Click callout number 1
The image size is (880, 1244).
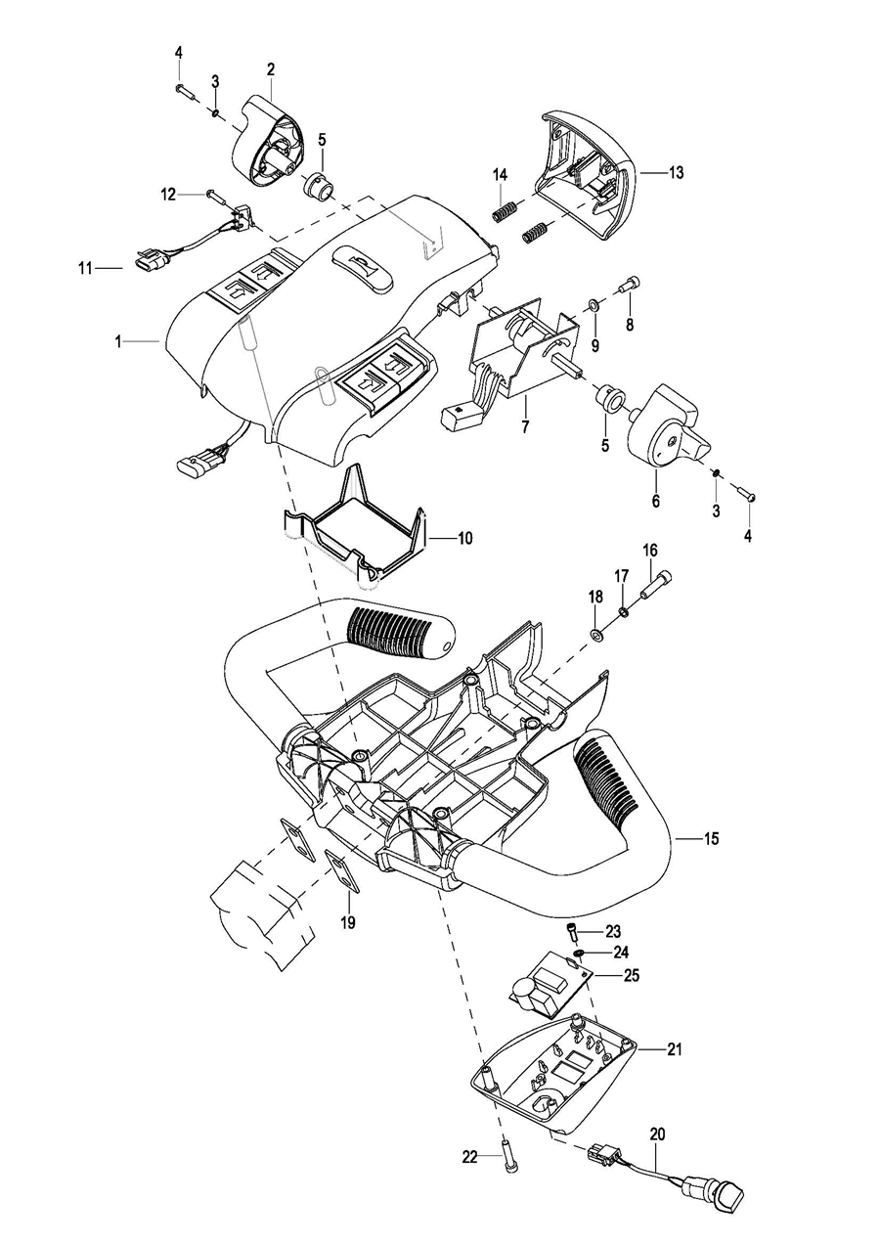(117, 341)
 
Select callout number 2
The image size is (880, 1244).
(271, 69)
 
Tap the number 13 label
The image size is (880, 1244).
(676, 172)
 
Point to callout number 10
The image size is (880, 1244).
(463, 538)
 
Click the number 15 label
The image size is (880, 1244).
(711, 837)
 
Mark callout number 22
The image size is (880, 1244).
(470, 1157)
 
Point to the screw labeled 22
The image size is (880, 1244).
(508, 1159)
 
